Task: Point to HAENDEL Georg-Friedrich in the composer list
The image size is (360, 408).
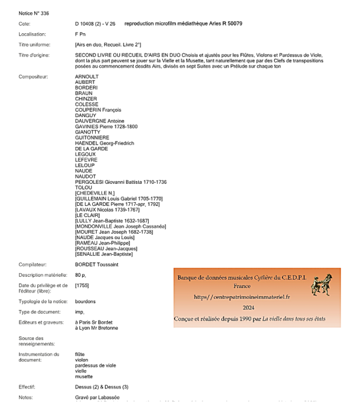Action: point(104,143)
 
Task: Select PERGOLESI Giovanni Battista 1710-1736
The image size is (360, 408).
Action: point(121,182)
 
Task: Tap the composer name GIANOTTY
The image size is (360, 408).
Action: point(88,132)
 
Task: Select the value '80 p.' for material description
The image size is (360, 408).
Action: point(81,275)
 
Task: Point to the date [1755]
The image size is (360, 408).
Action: point(82,285)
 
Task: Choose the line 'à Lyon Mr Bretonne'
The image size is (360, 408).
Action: point(96,328)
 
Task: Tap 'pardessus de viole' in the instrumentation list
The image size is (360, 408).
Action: point(96,365)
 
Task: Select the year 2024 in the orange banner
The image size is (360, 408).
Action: point(249,308)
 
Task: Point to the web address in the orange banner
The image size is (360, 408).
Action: point(242,297)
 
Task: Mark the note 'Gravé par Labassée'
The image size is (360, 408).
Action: point(97,397)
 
